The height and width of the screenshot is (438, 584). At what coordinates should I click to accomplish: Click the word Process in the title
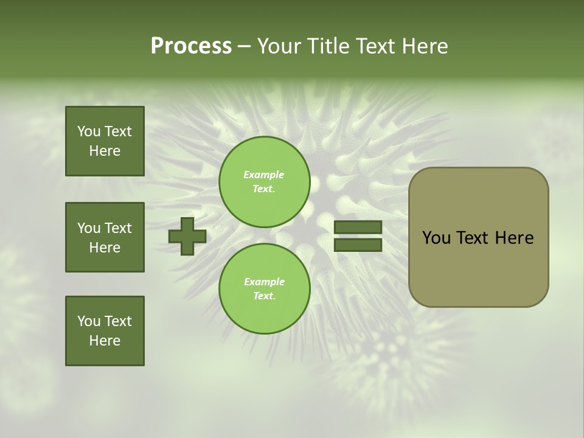191,46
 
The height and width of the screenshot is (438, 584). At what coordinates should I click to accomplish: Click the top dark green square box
105,141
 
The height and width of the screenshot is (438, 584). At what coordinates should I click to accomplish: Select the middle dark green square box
105,237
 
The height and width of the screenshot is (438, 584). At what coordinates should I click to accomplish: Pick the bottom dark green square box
105,331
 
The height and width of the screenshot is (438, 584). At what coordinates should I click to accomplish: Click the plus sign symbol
187,236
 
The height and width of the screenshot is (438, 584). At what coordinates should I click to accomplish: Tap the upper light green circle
264,181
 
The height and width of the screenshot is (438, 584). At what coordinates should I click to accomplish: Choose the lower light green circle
264,288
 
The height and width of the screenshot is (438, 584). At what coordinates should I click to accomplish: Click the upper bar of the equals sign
358,227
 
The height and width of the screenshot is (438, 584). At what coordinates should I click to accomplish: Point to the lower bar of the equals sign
358,245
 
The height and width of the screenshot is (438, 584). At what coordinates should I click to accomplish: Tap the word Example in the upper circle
263,175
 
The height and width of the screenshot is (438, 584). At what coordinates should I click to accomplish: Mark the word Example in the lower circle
264,282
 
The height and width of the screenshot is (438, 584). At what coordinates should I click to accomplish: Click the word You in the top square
89,131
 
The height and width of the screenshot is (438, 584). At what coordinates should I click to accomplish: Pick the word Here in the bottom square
105,341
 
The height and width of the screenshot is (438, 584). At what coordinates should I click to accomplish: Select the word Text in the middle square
118,228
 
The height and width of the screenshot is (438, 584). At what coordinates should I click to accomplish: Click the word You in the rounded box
436,238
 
